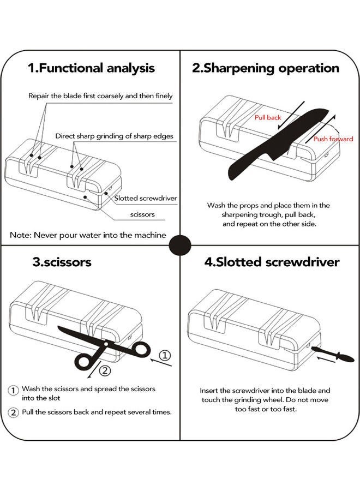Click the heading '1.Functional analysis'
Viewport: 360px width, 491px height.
[91, 68]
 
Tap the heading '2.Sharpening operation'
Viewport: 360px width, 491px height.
[266, 68]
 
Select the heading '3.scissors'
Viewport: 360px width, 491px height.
[62, 262]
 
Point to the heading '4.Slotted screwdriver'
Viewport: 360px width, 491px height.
[272, 262]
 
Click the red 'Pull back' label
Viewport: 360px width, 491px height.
[268, 117]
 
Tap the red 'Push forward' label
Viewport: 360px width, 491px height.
[333, 139]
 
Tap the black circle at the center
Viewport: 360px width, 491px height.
[180, 246]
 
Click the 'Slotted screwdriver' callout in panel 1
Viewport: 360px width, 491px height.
[146, 198]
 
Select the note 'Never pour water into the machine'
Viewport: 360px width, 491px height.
[88, 235]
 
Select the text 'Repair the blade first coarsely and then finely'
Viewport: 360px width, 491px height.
[100, 95]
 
